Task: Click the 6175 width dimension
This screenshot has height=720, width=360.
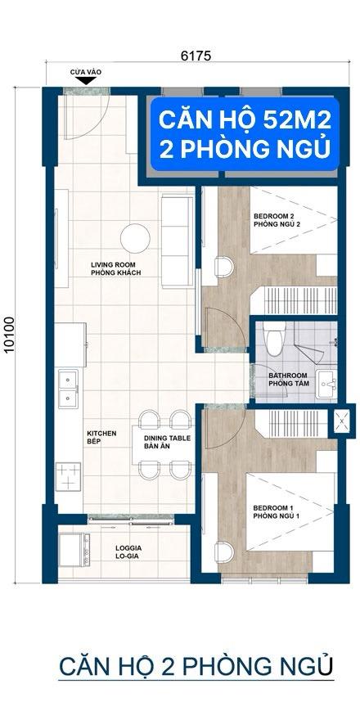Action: pos(196,56)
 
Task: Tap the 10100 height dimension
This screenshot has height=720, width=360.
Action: pos(9,335)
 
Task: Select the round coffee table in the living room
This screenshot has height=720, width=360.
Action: pos(135,238)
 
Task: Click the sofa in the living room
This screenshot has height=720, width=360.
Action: pos(178,241)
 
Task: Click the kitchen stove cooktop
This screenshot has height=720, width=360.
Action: pos(68,477)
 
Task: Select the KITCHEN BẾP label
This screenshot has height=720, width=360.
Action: pos(102,437)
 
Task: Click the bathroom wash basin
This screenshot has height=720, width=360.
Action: pos(326,384)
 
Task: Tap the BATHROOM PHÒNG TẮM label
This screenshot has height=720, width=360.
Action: pos(289,380)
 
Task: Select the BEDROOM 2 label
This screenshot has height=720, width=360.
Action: pos(272,216)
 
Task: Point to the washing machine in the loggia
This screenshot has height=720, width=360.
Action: pos(74,550)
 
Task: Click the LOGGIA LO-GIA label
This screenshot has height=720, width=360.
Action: pos(128,552)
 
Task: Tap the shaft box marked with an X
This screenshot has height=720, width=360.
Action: pos(343,419)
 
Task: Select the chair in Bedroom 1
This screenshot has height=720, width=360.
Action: pos(224,552)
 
